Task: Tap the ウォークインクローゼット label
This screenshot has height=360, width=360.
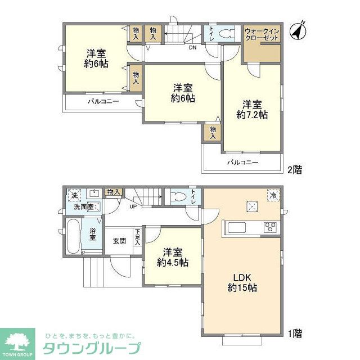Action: tap(262, 34)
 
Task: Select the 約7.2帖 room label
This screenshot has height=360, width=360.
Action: tap(252, 110)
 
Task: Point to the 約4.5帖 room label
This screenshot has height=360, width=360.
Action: tap(173, 258)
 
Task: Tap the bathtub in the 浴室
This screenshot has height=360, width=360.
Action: tap(72, 237)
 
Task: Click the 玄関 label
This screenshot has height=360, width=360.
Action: tap(119, 241)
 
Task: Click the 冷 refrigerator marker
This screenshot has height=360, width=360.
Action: tap(273, 195)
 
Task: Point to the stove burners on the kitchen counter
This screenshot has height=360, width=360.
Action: tap(271, 228)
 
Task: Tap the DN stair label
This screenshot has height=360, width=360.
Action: tap(192, 47)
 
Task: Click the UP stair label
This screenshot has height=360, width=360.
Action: tap(133, 206)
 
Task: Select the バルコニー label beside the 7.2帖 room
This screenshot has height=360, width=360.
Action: tap(242, 163)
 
